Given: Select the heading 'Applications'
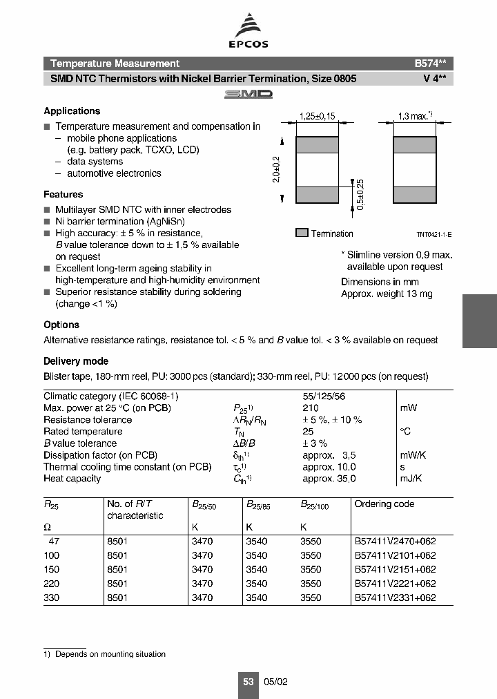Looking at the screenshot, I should coord(72,111).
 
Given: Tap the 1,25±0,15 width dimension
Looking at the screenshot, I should coord(317,117).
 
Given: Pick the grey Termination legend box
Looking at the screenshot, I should coord(302,233).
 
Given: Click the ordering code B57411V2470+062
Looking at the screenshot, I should coord(395,543).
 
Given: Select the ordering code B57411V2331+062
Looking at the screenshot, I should coord(395,598).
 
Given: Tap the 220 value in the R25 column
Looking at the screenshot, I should coord(52,584).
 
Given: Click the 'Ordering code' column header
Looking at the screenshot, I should coord(384,504).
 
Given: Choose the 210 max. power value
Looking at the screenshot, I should coord(311,408).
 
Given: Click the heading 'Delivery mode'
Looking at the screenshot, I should coord(76,361).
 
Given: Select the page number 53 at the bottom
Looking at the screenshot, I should coord(248,681).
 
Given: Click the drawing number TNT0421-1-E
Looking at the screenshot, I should coord(434,235).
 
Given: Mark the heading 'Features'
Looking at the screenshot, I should coord(64,195).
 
